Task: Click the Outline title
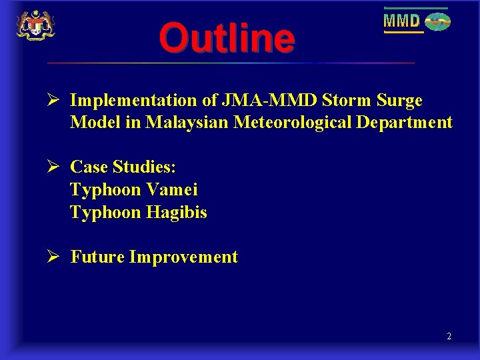227,38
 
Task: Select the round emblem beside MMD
438,22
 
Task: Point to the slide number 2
449,337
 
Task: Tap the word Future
97,257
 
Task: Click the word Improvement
183,257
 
